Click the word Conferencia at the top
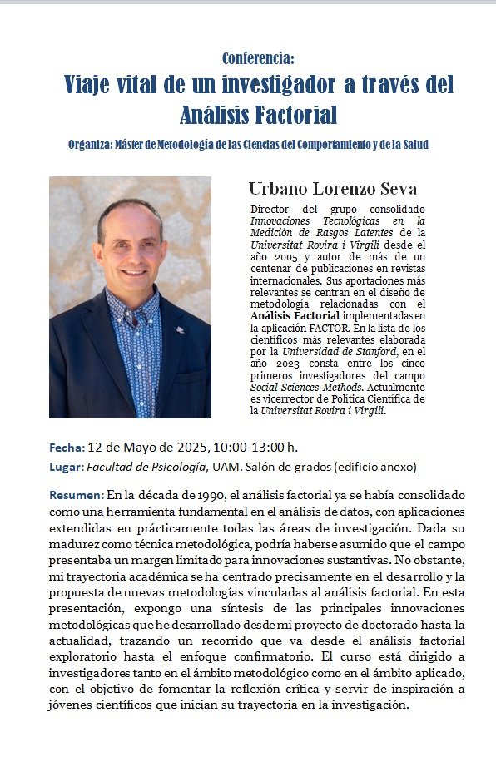tap(257, 58)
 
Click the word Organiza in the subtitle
tap(94, 145)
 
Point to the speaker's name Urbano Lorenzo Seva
tap(333, 189)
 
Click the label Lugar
tap(67, 467)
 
